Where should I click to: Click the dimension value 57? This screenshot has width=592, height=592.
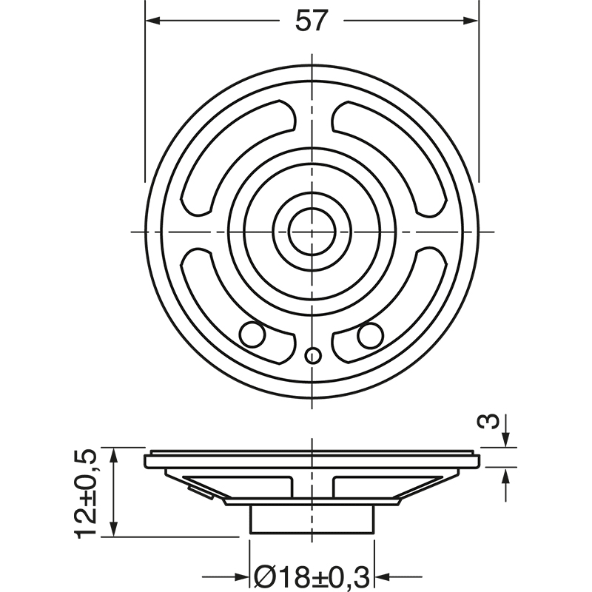click(311, 21)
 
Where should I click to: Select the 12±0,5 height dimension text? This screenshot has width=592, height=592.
click(87, 492)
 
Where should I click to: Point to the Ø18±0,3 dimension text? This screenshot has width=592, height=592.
click(312, 575)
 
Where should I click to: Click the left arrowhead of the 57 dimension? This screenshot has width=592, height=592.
click(152, 21)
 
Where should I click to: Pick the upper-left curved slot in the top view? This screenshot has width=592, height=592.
click(222, 148)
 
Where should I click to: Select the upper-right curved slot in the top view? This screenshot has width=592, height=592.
click(400, 148)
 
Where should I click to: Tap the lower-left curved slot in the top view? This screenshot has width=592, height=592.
click(215, 296)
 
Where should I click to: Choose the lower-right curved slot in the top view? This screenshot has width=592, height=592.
click(407, 296)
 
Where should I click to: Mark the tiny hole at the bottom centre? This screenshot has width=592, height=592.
click(312, 356)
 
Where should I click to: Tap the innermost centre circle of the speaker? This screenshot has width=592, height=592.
click(312, 232)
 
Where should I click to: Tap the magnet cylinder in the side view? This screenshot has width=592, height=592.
click(312, 519)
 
